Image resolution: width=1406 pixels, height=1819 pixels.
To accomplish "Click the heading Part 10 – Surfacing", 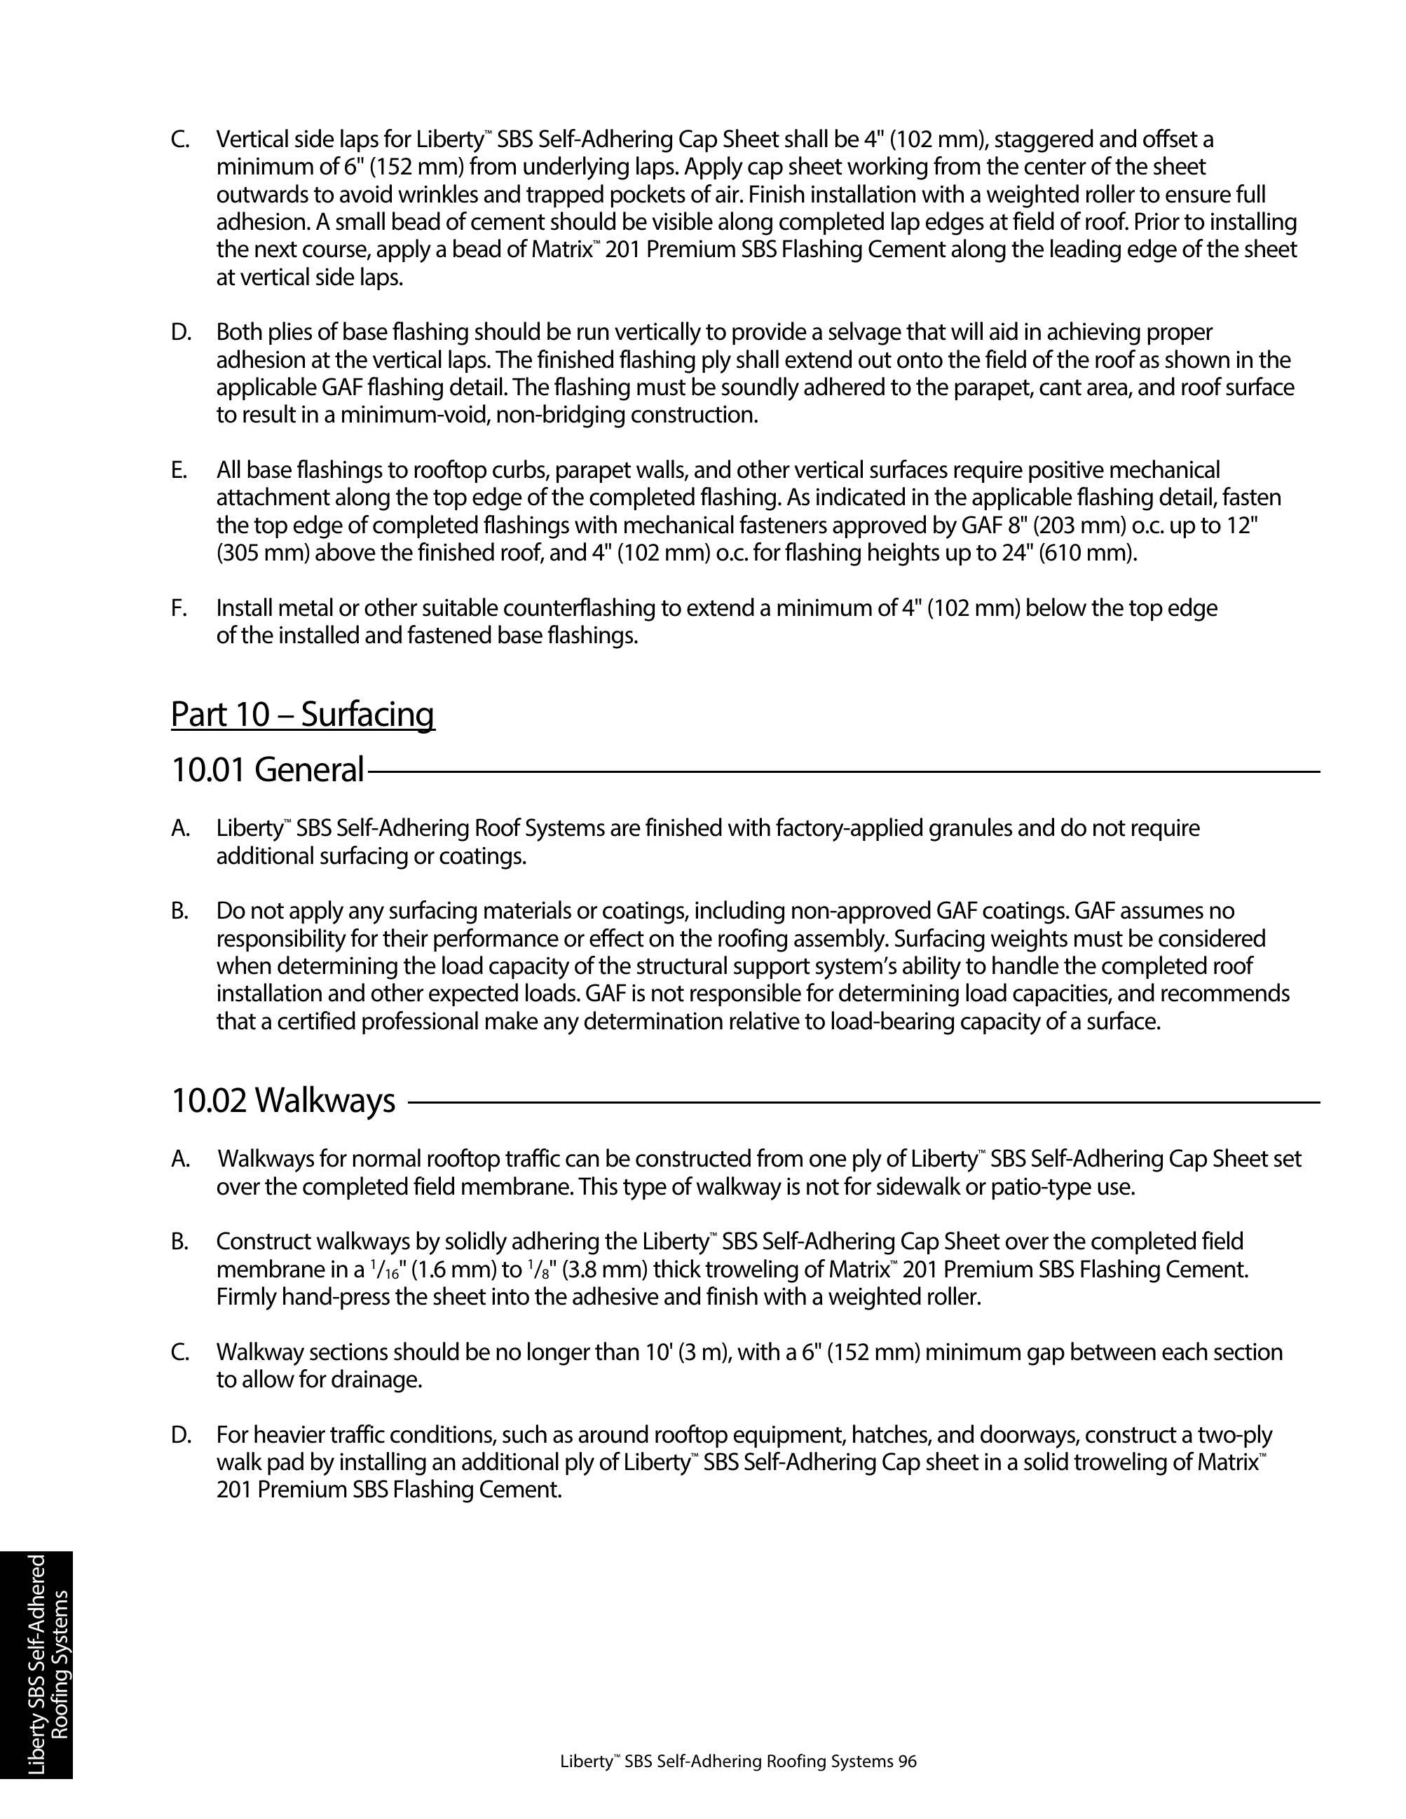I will (x=302, y=715).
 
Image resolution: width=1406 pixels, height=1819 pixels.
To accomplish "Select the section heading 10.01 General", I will (x=267, y=769).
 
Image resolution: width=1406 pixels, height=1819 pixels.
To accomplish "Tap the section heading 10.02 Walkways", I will (x=283, y=1100).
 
